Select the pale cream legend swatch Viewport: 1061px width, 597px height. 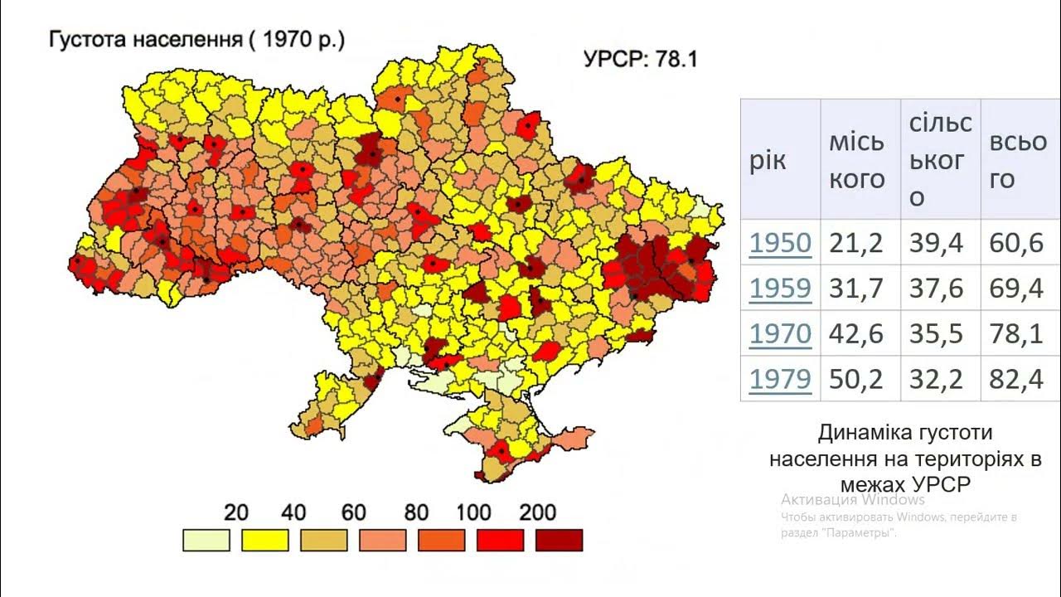pos(206,540)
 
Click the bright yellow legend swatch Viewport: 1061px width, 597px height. pos(264,540)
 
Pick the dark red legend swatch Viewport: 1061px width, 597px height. pos(559,540)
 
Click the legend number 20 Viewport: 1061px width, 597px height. pos(236,512)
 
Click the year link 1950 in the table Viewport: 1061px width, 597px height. pos(780,243)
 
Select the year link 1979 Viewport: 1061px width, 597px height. pos(780,379)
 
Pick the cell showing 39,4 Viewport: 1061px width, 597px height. pos(937,243)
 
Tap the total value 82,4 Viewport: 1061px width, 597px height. pos(1016,379)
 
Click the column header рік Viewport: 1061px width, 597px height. pos(768,160)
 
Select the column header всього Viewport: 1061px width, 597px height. pos(1017,160)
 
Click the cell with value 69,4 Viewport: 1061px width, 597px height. pos(1016,288)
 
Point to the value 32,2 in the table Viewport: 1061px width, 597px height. pos(937,379)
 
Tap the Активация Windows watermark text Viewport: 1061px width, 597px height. pos(852,500)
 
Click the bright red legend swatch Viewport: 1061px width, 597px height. pos(500,540)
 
